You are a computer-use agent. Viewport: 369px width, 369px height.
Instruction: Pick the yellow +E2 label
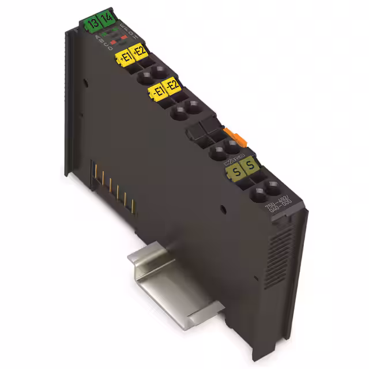139,52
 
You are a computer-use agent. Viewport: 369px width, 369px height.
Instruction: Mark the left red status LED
112,42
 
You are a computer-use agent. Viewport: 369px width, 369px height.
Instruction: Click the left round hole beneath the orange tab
218,152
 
